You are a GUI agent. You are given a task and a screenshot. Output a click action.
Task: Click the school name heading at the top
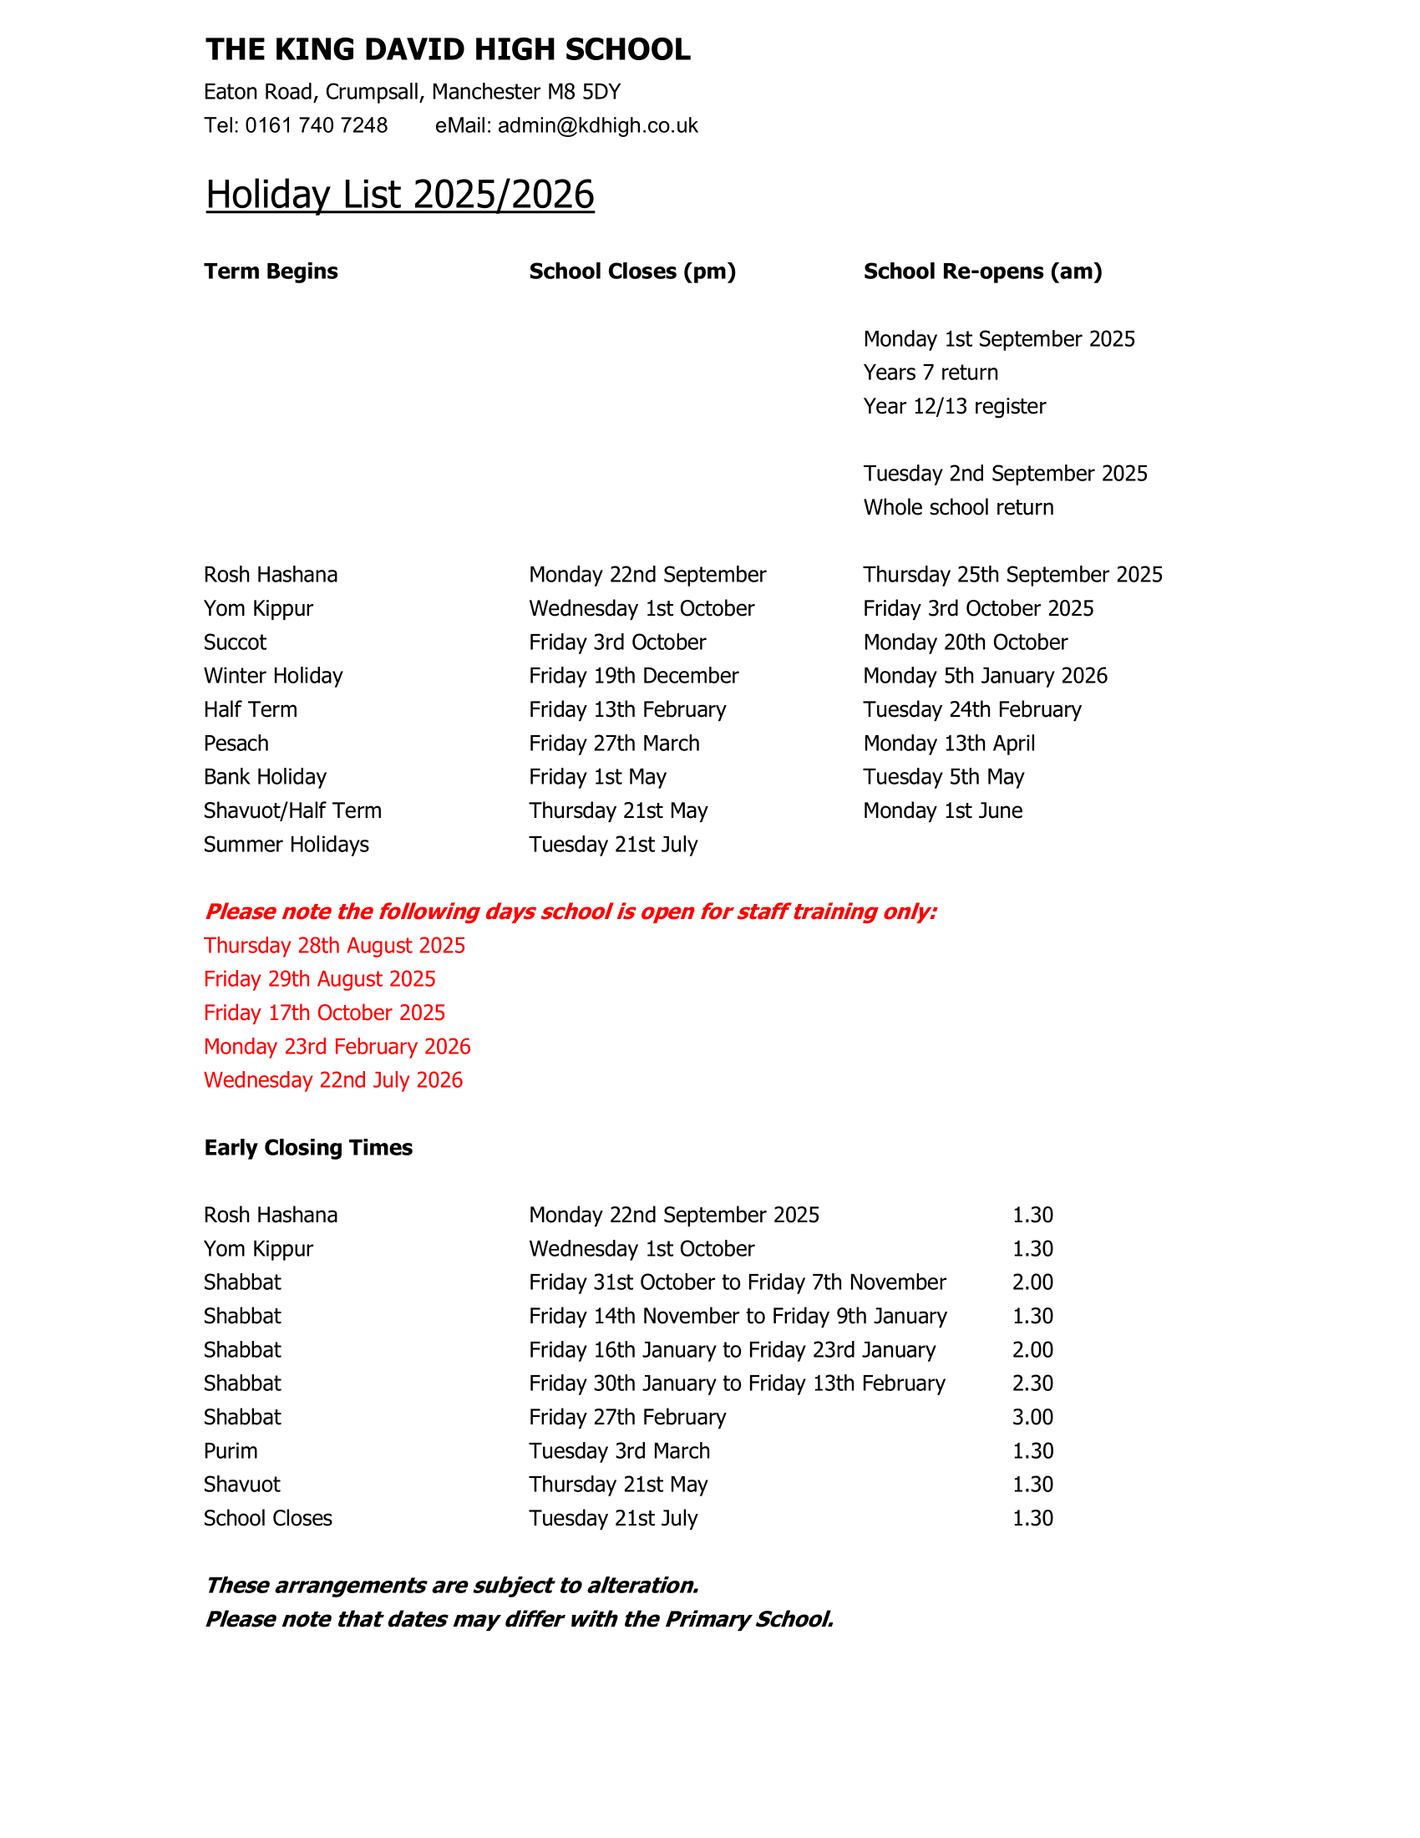point(448,49)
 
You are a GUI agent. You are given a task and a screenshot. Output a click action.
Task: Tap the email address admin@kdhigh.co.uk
point(597,125)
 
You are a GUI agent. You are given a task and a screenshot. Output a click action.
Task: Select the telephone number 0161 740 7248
point(317,125)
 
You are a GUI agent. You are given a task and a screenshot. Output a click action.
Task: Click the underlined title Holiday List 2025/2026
point(399,195)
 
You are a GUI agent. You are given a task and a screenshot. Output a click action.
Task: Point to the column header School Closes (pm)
point(631,271)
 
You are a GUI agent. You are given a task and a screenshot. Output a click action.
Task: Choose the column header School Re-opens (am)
point(981,271)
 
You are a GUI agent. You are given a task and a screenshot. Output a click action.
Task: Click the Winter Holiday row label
point(272,676)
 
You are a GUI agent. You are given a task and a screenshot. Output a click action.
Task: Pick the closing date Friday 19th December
point(633,676)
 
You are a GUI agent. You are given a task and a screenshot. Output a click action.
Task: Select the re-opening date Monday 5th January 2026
point(984,676)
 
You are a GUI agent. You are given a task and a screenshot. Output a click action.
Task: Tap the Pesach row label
point(236,743)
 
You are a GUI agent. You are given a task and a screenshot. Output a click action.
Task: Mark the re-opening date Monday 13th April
point(948,743)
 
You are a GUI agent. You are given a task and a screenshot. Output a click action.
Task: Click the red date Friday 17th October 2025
point(324,1013)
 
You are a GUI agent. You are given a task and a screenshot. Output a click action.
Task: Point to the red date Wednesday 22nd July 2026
point(333,1079)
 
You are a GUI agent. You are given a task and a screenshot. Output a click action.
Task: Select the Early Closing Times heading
point(308,1148)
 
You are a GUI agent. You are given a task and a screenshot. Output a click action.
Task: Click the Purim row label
point(230,1451)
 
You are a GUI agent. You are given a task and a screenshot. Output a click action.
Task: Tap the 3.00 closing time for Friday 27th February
point(1032,1417)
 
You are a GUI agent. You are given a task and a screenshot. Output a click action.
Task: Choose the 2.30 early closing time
point(1032,1384)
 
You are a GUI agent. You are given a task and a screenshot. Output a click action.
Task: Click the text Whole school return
point(957,507)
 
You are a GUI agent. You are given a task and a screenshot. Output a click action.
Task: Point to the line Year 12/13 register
point(954,407)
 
